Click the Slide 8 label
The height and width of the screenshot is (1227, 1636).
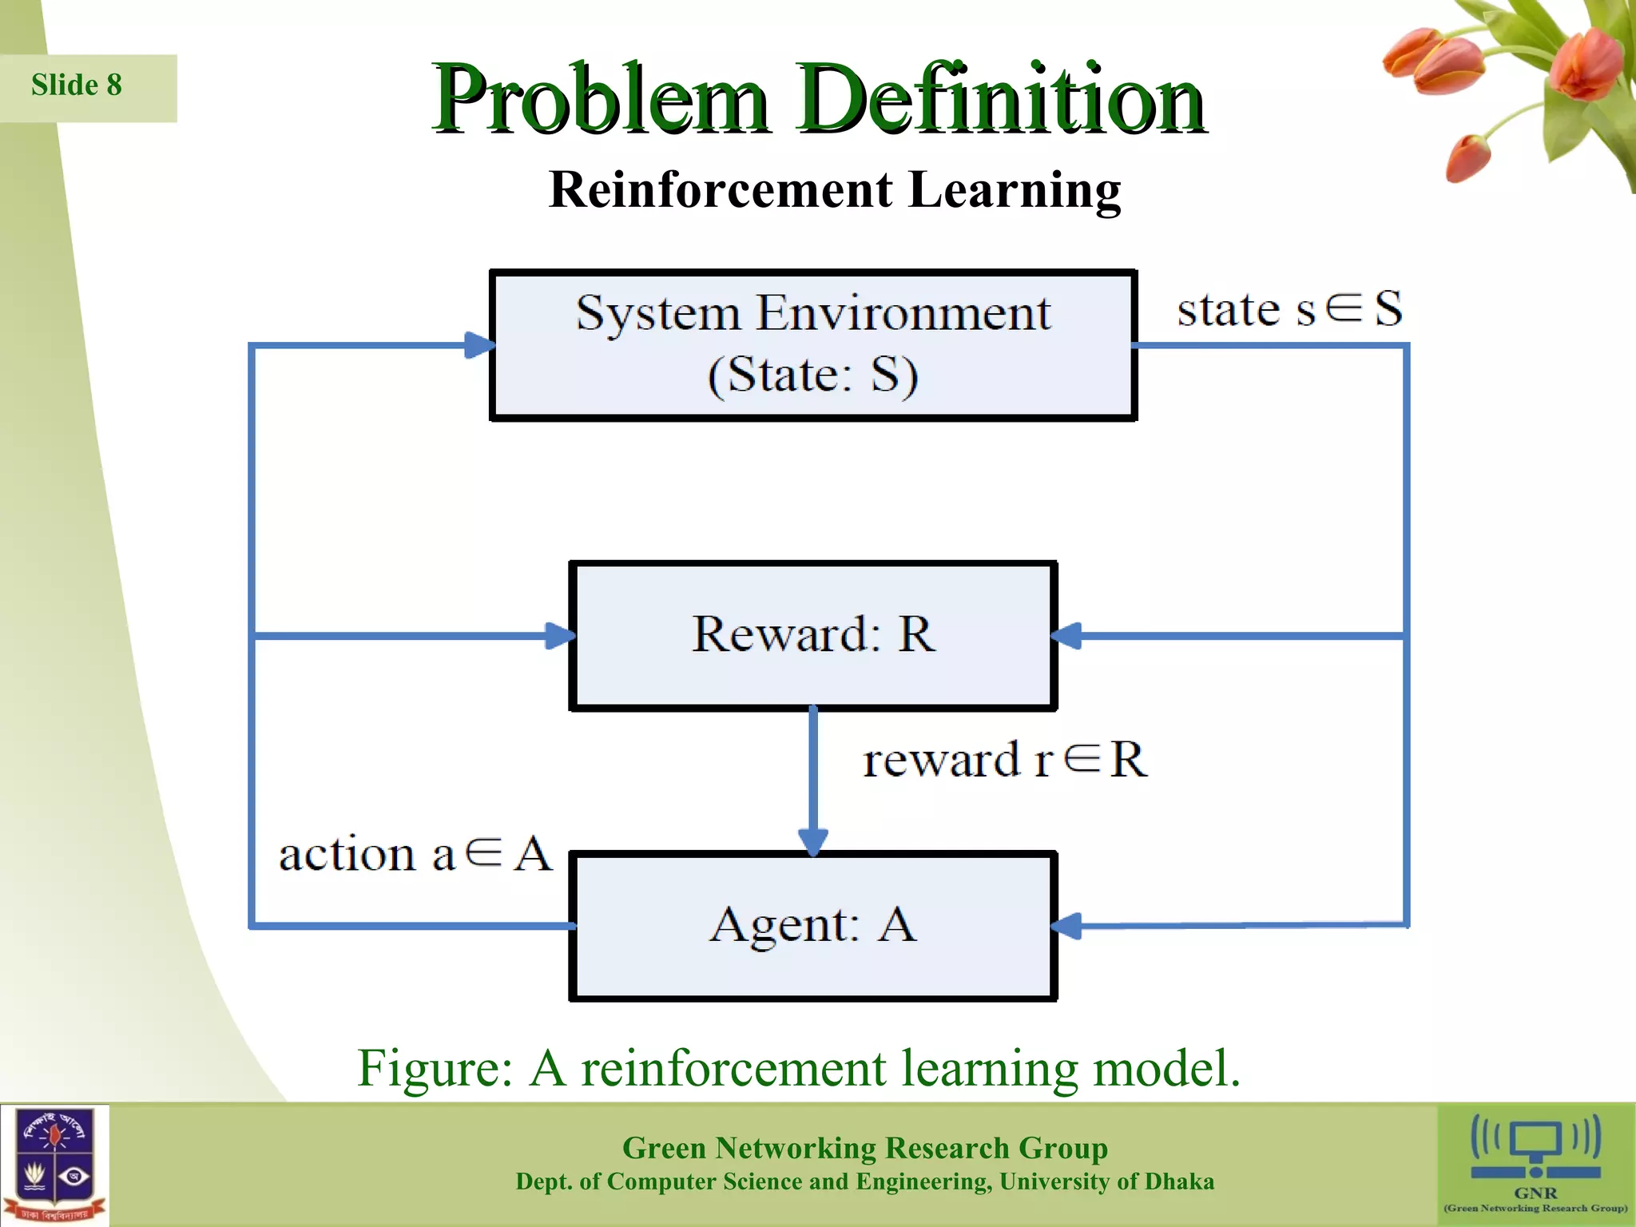pos(77,85)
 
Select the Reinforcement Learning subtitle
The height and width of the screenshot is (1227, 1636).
pos(835,190)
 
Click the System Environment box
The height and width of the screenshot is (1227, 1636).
pos(812,345)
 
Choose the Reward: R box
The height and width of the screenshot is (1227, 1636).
pos(812,635)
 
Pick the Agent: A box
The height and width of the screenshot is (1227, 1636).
pos(812,925)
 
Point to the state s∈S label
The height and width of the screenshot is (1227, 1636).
pos(1289,309)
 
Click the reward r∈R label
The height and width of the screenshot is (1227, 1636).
pos(1005,759)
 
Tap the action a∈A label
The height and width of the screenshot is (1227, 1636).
pos(415,854)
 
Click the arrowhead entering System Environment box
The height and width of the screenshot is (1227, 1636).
pos(479,345)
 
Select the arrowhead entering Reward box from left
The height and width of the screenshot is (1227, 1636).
pos(559,636)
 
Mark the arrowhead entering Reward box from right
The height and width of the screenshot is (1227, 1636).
pos(1066,636)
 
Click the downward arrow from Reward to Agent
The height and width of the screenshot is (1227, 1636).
pos(813,839)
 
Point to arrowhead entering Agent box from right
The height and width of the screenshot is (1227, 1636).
pos(1066,926)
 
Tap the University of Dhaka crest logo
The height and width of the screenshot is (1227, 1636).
pos(54,1165)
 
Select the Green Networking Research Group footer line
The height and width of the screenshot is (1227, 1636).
pos(864,1148)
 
